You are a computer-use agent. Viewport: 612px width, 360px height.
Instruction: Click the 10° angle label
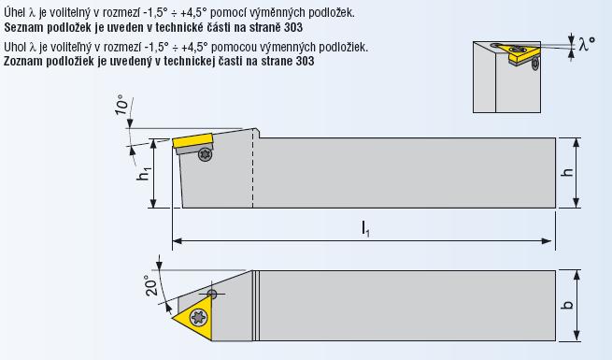click(121, 104)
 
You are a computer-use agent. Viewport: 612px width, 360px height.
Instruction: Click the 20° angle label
click(152, 285)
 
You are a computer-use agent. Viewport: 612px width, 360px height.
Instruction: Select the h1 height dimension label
click(144, 173)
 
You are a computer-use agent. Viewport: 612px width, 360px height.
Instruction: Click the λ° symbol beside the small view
click(588, 43)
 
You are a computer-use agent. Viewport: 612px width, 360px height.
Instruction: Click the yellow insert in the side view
click(192, 140)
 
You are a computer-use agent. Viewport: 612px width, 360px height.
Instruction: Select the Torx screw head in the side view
click(205, 154)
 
